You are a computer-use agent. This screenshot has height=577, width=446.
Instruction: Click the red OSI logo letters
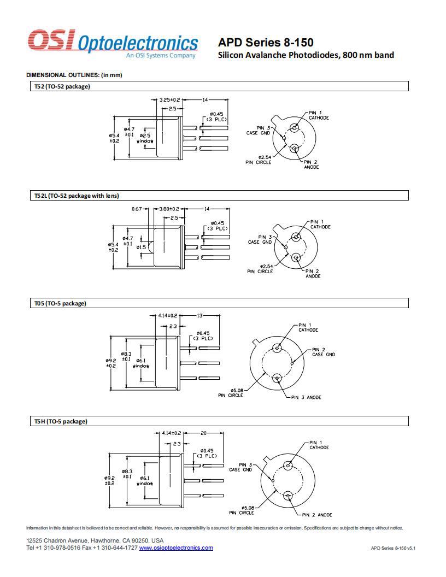[51, 40]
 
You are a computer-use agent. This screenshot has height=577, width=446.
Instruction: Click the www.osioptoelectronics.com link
[176, 547]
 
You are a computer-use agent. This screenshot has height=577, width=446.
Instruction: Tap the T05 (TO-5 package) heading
[60, 304]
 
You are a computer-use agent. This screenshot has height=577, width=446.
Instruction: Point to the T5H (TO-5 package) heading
[61, 421]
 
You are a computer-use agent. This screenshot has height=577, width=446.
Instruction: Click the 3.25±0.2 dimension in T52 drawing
[169, 100]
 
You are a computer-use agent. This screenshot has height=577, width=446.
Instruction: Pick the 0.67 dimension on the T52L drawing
[137, 209]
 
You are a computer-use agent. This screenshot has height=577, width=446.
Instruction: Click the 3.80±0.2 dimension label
[169, 209]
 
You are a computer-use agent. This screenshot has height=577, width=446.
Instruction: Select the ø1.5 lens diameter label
[142, 248]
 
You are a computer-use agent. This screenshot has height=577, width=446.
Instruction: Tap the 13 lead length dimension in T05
[200, 316]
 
